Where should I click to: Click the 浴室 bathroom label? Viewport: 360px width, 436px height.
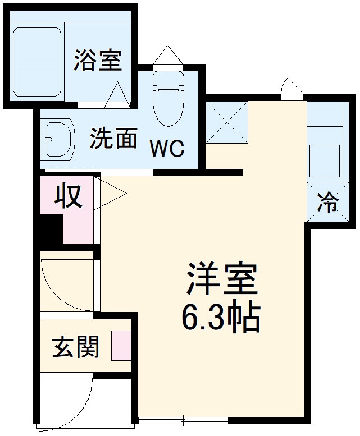pyautogui.click(x=98, y=61)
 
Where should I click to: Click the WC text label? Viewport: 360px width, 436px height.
pyautogui.click(x=166, y=150)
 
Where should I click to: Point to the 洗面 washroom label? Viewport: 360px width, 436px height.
pyautogui.click(x=114, y=137)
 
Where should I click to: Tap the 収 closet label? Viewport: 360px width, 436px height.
pyautogui.click(x=68, y=196)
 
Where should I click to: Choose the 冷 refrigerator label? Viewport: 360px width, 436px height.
pyautogui.click(x=327, y=203)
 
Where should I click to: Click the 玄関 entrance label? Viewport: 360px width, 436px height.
pyautogui.click(x=76, y=347)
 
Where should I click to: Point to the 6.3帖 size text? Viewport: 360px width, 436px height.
pyautogui.click(x=220, y=319)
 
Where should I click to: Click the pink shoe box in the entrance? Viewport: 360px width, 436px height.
pyautogui.click(x=120, y=346)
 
